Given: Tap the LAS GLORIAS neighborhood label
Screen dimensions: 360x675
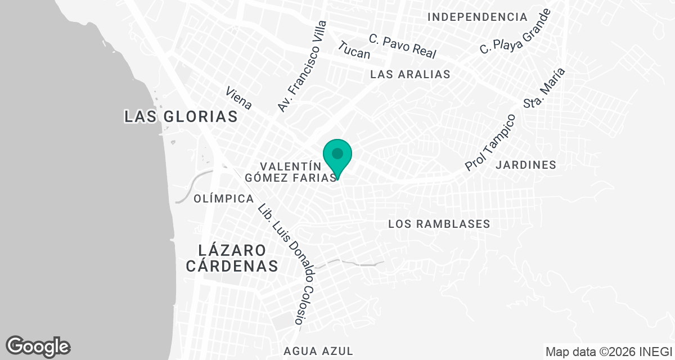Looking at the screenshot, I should pos(181,116).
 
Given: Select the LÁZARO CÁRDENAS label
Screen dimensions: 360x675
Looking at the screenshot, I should pos(232,258).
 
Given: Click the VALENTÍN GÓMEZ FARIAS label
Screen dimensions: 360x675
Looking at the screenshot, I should pos(291,172).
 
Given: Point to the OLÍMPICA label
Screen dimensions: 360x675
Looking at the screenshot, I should pos(223,199).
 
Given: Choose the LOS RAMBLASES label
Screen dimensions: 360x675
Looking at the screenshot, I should pos(439,224).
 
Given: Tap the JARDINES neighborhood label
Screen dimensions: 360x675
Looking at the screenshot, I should pos(526,165).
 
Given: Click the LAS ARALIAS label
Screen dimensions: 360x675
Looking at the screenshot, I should pos(411,74).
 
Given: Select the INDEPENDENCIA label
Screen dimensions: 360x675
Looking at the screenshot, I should pos(478,17).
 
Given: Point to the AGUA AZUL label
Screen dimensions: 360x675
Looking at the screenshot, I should pos(319,351).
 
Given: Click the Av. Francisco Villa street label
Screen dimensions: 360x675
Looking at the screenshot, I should pos(302,66).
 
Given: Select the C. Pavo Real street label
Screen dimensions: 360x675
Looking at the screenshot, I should pos(403,46).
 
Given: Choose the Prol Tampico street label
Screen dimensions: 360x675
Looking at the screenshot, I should pos(490,143).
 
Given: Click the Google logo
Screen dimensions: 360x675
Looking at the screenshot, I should pos(38,346).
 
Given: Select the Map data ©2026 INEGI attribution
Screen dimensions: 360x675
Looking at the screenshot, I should pos(609,352).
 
